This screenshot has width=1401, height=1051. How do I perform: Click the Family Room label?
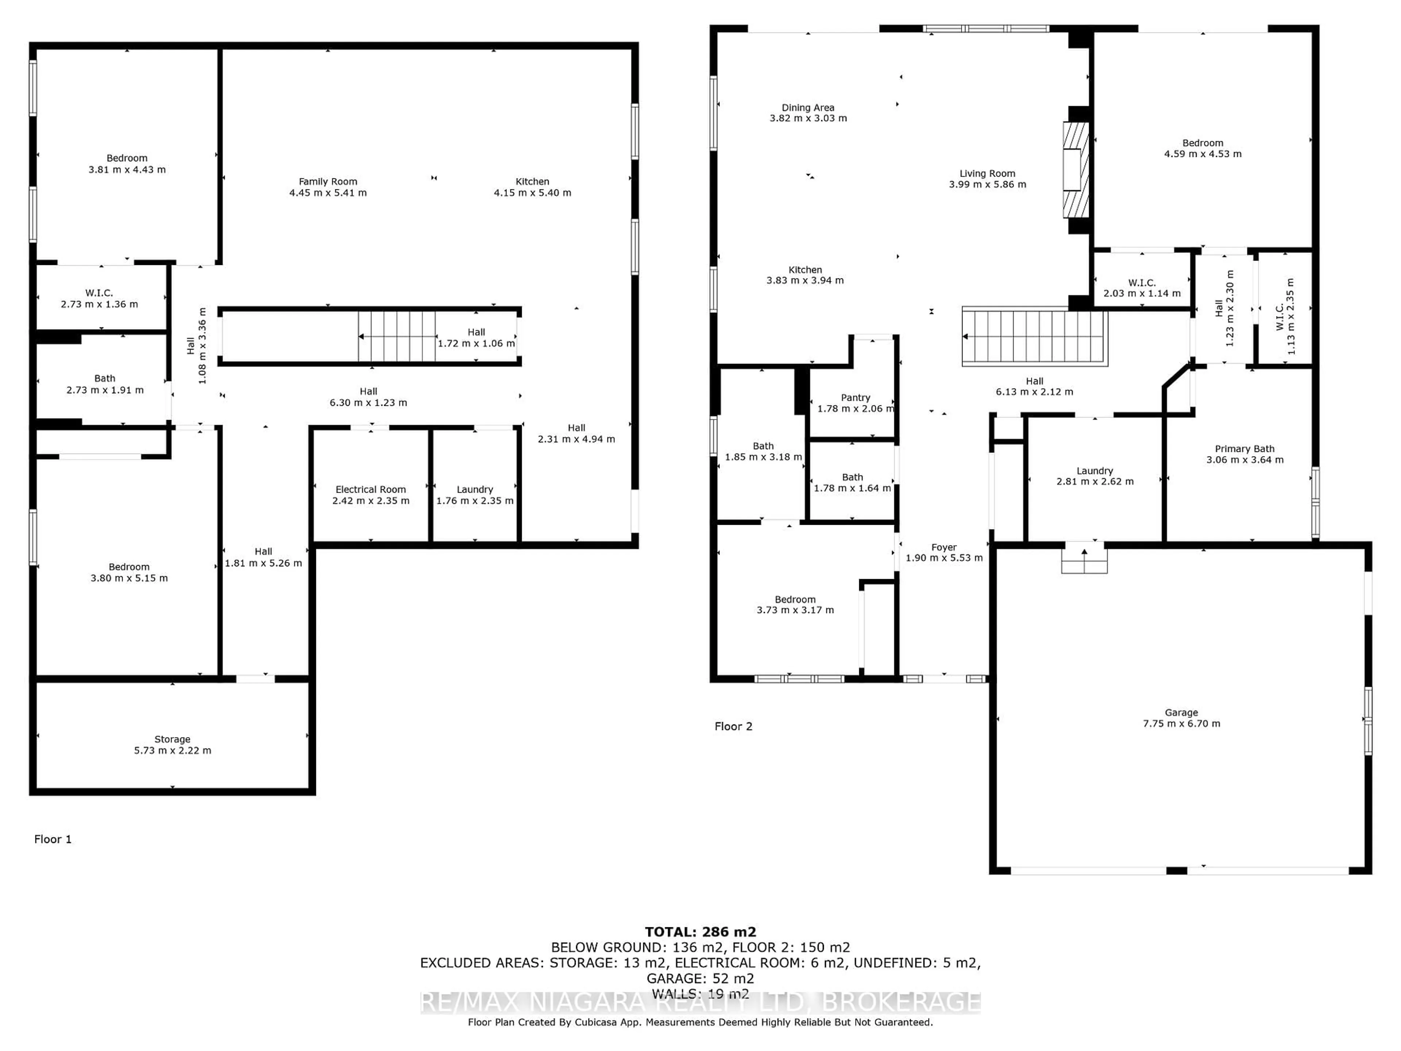328,182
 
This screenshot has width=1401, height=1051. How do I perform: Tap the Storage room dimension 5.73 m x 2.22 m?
172,750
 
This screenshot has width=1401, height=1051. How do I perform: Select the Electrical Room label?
371,489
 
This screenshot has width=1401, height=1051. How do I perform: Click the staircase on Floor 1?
397,336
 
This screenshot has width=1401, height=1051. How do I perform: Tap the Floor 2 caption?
733,726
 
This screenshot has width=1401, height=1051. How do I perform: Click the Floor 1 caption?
53,839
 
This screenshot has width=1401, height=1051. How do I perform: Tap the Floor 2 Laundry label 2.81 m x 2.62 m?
1095,476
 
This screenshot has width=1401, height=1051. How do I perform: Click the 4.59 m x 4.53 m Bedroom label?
1202,148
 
